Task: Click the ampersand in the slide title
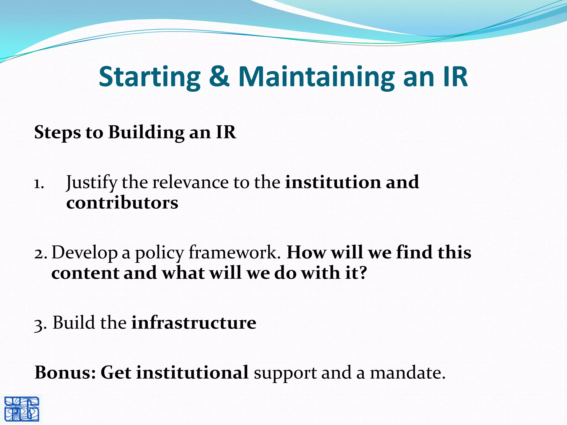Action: [x=219, y=77]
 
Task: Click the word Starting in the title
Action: [x=150, y=77]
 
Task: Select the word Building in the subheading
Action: [x=146, y=132]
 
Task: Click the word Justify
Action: [x=92, y=183]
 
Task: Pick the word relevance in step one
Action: [x=190, y=183]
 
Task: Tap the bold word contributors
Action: [x=122, y=203]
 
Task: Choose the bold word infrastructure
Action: [x=194, y=323]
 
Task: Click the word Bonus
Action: [x=65, y=372]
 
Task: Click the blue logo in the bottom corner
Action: [x=22, y=409]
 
